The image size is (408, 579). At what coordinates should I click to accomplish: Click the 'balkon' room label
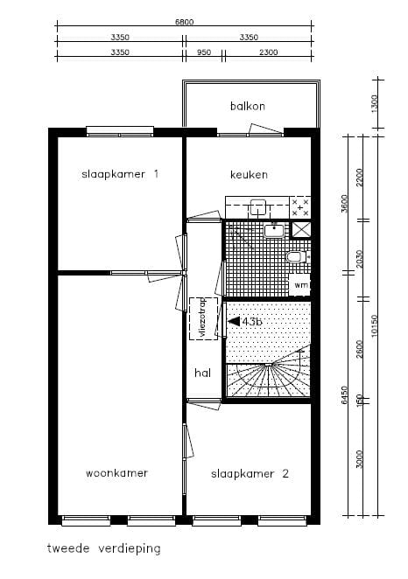(248, 106)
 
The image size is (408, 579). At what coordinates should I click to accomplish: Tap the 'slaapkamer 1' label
(121, 174)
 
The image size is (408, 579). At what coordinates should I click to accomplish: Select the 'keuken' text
(249, 175)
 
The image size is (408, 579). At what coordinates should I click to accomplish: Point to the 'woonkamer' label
(116, 473)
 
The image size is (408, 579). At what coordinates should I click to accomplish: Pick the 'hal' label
(202, 373)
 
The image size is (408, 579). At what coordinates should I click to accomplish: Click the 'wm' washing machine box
(300, 285)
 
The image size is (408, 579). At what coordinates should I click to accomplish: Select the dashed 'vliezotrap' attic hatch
(201, 319)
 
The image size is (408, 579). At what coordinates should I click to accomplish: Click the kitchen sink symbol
(259, 207)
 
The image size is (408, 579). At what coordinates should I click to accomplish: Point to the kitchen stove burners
(300, 207)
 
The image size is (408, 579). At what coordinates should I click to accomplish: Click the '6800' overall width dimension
(184, 23)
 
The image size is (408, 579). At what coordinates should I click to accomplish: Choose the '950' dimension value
(204, 52)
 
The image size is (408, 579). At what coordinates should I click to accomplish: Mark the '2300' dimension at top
(269, 52)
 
